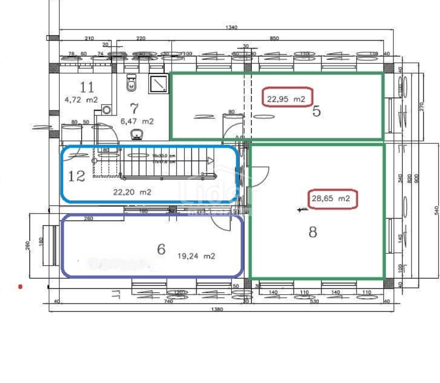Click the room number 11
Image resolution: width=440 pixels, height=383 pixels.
tap(87, 87)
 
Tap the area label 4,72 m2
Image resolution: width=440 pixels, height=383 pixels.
tap(81, 100)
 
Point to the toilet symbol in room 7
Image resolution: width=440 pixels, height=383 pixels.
tap(131, 83)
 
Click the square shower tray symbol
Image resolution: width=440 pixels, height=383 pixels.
tap(158, 83)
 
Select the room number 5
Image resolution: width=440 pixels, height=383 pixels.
tap(316, 111)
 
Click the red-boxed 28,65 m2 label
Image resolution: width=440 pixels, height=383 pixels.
tap(331, 198)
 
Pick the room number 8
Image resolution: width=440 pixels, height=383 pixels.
tap(312, 232)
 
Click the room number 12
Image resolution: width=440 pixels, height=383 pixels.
tap(77, 176)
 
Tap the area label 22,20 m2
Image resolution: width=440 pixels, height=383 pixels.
tap(132, 192)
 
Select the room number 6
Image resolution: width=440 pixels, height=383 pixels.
tap(161, 249)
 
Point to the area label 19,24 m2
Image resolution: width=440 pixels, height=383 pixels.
tap(196, 256)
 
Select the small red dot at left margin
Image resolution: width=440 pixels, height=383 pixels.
tap(20, 286)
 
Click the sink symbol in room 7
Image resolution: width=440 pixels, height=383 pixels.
tap(136, 134)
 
